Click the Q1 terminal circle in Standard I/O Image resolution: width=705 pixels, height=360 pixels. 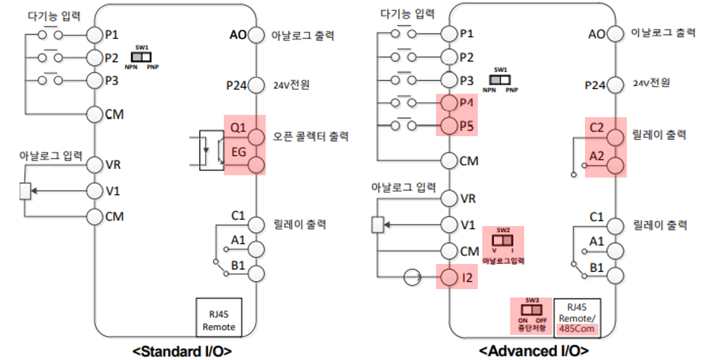coord(256,137)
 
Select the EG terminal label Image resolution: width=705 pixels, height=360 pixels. coord(238,151)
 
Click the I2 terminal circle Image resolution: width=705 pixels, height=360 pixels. coord(449,277)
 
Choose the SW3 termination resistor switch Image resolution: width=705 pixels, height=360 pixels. coord(531,309)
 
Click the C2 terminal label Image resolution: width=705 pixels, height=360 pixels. coord(597,127)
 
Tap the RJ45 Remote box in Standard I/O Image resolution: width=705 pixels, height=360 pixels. coord(219,317)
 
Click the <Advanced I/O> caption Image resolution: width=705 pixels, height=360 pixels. coord(533,352)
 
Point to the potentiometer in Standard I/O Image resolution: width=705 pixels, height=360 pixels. coord(25,191)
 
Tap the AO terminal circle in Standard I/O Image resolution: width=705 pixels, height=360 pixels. coord(256,35)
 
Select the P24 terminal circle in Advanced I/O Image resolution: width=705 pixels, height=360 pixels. coord(615,85)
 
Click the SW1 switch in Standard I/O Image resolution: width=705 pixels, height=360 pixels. coord(142,57)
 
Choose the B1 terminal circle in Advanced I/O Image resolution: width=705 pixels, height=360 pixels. coord(615,274)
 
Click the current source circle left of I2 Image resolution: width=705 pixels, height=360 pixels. coord(413,277)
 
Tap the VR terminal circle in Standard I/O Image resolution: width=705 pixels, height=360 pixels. coord(95,165)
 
